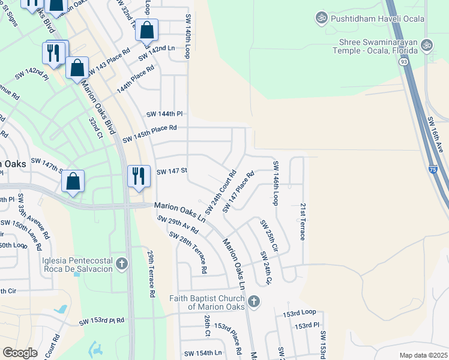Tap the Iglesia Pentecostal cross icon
click(x=122, y=263)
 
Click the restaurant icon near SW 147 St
click(x=139, y=176)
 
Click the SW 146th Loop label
click(x=276, y=183)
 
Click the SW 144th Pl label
click(x=164, y=113)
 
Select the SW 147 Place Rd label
click(x=238, y=191)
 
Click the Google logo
click(x=20, y=352)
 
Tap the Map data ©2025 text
click(x=423, y=355)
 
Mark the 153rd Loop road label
click(x=300, y=313)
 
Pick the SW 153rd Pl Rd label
click(x=101, y=321)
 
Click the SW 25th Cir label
click(x=269, y=235)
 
